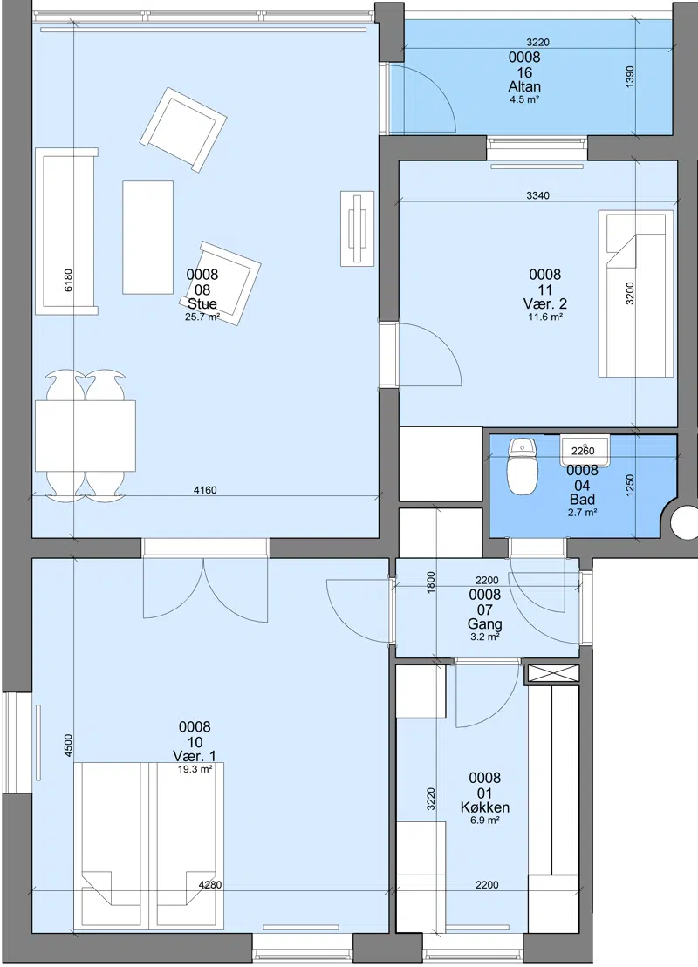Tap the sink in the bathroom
[584, 450]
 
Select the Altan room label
[524, 87]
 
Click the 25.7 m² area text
[202, 317]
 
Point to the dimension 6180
[69, 280]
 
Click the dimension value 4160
[205, 490]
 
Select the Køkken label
[485, 807]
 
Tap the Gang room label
[485, 624]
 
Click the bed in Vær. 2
[636, 294]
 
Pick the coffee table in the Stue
[147, 237]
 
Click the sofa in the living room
[66, 231]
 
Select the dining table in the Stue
[86, 436]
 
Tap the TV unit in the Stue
[358, 228]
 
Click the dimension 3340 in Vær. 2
[538, 195]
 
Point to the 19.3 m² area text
[195, 769]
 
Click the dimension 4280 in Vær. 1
[209, 885]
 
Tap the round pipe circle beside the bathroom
[685, 523]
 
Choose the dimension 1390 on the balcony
[629, 77]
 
